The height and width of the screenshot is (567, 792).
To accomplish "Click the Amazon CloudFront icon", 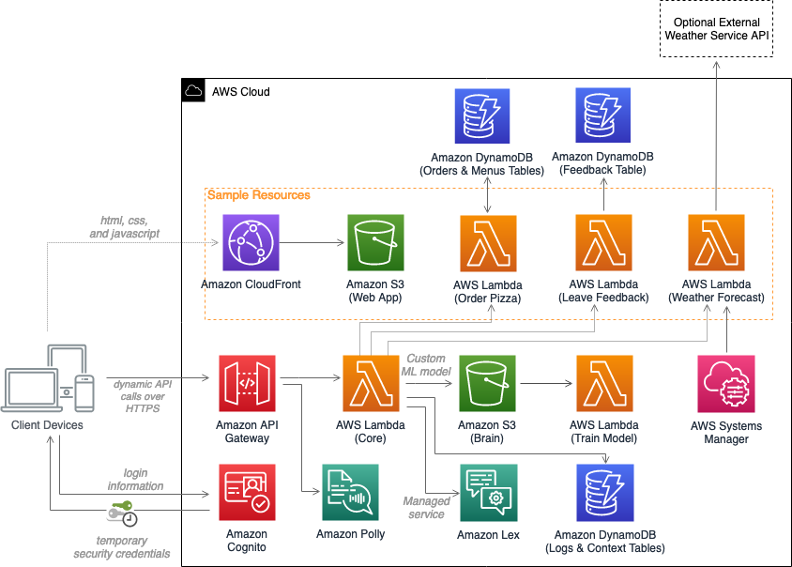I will (251, 242).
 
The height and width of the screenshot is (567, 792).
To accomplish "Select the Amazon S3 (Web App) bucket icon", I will (374, 242).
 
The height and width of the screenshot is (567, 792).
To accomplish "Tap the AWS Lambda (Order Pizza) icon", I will (488, 243).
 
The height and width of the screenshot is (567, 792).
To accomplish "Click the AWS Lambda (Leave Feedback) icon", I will (602, 243).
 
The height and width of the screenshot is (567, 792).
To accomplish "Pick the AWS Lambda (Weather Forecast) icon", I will (716, 243).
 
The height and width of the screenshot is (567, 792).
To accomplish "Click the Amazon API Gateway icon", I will (247, 383).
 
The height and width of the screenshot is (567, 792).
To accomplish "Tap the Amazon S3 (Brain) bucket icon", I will (487, 383).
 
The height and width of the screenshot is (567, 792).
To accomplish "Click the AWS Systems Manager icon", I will (726, 383).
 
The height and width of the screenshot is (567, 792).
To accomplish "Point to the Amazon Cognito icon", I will (247, 492).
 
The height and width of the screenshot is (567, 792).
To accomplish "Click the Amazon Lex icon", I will (487, 492).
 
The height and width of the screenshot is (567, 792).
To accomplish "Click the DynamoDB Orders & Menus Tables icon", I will (481, 116).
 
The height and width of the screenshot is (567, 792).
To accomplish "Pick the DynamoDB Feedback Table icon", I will (602, 116).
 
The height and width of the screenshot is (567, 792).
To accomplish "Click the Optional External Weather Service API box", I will (716, 29).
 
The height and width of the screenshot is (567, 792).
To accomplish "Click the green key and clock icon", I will (123, 513).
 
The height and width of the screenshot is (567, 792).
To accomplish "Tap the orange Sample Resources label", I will (258, 195).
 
